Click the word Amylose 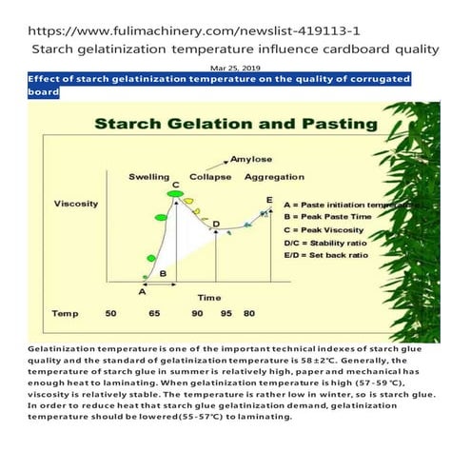pos(249,163)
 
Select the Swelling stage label pos(149,178)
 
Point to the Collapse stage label pos(209,178)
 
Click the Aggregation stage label pos(275,178)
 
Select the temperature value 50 pos(110,313)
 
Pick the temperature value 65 pos(155,313)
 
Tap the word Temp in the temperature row pos(66,313)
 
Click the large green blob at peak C pos(173,195)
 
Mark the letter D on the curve pos(216,225)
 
